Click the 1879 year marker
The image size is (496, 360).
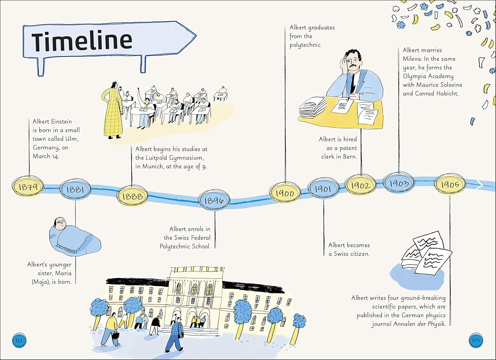tap(28, 187)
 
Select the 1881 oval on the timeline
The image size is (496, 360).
tap(75, 189)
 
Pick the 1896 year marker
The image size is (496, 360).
tap(214, 200)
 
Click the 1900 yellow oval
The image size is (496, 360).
tap(285, 193)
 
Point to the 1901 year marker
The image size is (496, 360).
tap(323, 189)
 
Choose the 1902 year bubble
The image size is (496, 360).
tap(360, 185)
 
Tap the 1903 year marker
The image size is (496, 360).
tap(399, 183)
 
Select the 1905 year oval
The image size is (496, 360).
tap(450, 184)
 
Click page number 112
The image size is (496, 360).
tap(19, 340)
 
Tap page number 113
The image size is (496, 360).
tap(475, 340)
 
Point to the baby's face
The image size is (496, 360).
tap(60, 224)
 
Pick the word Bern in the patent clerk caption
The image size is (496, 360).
tap(350, 157)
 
